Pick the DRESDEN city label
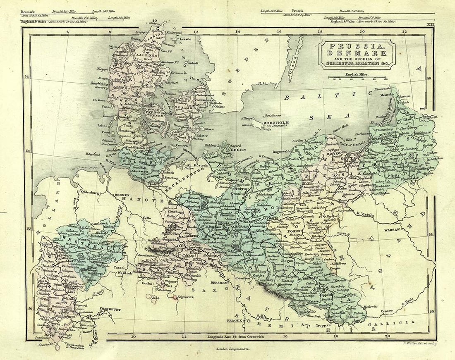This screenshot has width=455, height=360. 219,283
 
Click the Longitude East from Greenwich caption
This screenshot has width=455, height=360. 238,337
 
